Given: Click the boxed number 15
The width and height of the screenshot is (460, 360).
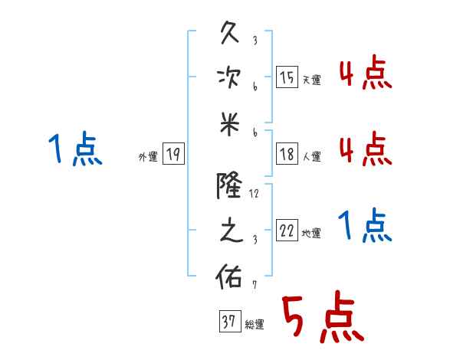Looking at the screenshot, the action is [286, 77].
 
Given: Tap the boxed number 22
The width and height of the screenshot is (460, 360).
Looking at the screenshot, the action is [286, 231].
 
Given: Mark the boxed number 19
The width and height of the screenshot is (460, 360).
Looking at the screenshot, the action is [172, 155].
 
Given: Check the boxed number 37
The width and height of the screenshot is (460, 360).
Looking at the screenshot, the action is [228, 322].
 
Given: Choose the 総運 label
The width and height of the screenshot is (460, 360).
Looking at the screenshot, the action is [254, 325].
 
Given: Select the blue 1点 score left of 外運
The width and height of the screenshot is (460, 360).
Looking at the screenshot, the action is [75, 149].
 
